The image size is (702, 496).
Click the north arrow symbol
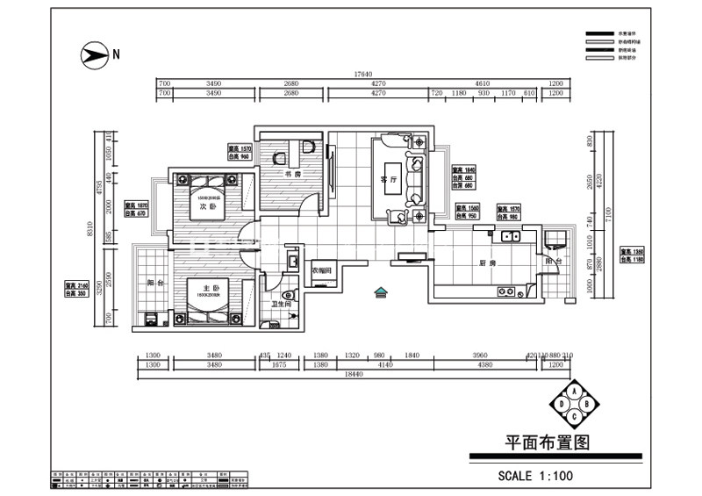click(93, 54)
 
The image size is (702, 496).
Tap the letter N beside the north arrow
click(115, 54)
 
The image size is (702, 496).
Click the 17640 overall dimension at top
click(363, 75)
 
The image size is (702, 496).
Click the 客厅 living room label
click(388, 178)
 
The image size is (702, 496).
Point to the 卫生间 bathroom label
click(281, 304)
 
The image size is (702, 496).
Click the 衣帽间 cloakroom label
click(321, 270)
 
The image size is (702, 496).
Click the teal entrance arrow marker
click(380, 292)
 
